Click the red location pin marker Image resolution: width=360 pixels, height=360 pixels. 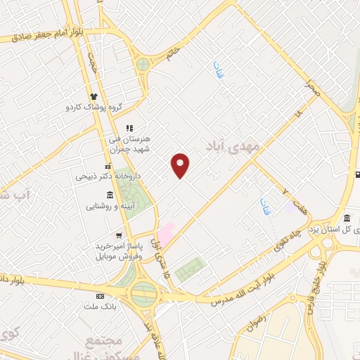click(181, 166)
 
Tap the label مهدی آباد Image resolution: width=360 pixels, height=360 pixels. click(234, 144)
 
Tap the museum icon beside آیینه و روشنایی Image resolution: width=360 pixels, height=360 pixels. click(110, 195)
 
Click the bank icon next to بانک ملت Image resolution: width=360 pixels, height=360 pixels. click(100, 296)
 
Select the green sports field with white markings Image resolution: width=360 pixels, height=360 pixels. click(190, 269)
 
